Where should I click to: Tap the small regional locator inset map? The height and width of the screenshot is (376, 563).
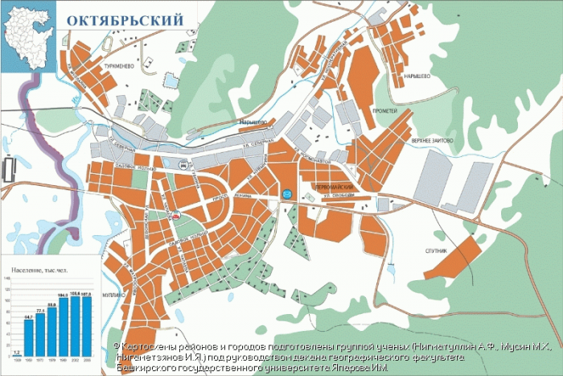coord(28,37)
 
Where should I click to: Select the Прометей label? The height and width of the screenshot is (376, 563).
coord(384,110)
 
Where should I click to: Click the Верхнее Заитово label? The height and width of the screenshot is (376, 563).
coord(432,140)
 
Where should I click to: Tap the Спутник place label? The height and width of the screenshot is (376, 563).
coord(435,251)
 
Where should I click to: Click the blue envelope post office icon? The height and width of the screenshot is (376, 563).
coord(287,193)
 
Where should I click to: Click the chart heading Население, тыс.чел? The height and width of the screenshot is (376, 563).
coord(39,265)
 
